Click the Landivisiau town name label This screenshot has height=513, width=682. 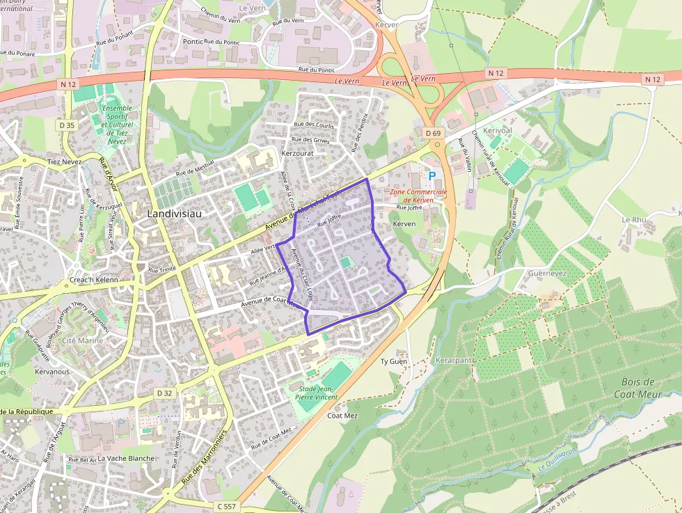[x=174, y=214]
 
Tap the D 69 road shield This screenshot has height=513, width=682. [x=432, y=133]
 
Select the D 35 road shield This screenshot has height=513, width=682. [x=67, y=125]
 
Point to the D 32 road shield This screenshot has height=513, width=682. [x=164, y=393]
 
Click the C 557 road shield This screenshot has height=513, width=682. [x=227, y=506]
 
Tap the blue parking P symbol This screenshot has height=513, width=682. [x=432, y=177]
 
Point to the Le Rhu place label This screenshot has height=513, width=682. [x=634, y=219]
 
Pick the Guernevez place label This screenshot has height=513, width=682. [x=546, y=274]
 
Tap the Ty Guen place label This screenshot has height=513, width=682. [x=393, y=362]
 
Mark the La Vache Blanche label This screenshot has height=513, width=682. [x=126, y=459]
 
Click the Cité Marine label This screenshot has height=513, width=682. [x=82, y=340]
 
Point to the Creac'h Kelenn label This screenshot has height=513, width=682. [x=94, y=280]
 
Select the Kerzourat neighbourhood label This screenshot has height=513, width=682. [x=297, y=152]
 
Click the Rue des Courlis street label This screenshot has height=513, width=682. [x=315, y=125]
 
